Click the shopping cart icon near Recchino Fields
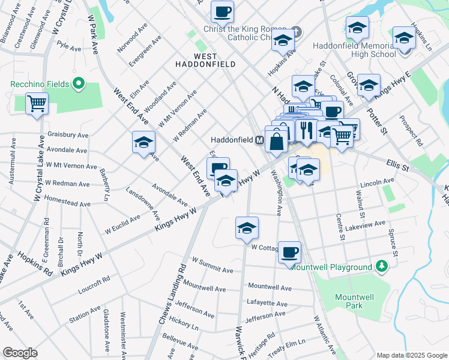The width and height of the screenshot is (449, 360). click(37, 104)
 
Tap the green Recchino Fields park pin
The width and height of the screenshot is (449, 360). click(77, 83)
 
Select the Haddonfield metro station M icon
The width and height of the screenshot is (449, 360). click(260, 139)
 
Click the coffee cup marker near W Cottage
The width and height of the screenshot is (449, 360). click(289, 253)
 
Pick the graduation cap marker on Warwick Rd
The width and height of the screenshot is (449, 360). click(246, 229)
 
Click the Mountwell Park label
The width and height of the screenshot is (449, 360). click(349, 301)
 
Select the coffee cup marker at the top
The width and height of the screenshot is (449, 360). click(222, 11)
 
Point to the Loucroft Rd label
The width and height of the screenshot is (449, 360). click(94, 285)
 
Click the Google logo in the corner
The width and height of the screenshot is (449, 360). click(20, 352)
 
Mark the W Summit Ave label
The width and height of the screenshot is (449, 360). click(212, 265)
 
